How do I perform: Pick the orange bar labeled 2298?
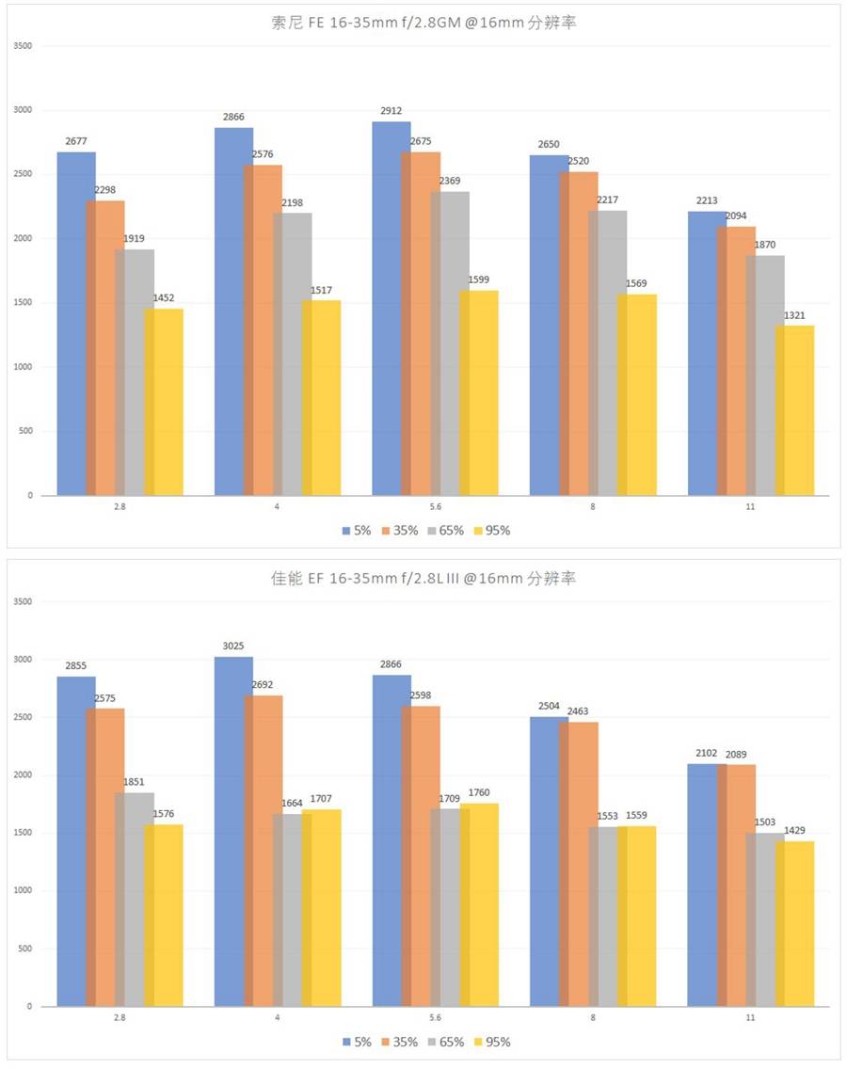(105, 348)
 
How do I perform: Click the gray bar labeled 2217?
(607, 353)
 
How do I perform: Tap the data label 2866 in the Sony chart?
(233, 118)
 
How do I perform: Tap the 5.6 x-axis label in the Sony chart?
(435, 506)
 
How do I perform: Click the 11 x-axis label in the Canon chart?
(750, 1018)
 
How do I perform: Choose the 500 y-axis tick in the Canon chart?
(25, 949)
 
